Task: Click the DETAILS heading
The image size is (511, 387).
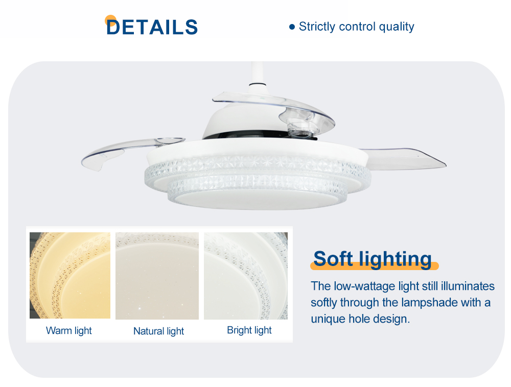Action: coord(152,27)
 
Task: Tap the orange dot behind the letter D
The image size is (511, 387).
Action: coord(110,20)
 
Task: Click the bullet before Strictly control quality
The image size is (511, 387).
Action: coord(292,27)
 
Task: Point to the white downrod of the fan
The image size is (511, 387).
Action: coord(258,74)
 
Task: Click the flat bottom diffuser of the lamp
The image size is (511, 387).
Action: coord(258,199)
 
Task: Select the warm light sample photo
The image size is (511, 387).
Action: coord(70,275)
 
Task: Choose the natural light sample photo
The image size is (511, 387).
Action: coord(157,276)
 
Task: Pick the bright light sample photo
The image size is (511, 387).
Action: coord(246,276)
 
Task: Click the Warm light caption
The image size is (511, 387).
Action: coord(69,330)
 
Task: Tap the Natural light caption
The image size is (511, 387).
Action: coord(159,331)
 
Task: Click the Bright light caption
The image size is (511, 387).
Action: coord(249,330)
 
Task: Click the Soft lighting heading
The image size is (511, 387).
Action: coord(373,259)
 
